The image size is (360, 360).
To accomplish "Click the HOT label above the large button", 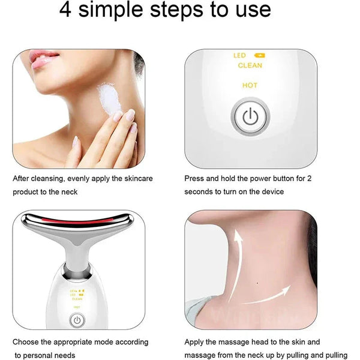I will [x=250, y=85].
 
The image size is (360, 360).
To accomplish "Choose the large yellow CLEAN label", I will [x=250, y=65].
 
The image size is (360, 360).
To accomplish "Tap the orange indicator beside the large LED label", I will [x=262, y=56].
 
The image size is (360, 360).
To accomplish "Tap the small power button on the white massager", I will [x=76, y=321].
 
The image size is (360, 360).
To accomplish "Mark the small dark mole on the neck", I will [x=257, y=281].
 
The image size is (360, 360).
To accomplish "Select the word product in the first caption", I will [x=26, y=191].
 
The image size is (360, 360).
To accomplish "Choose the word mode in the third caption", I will [x=94, y=342].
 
